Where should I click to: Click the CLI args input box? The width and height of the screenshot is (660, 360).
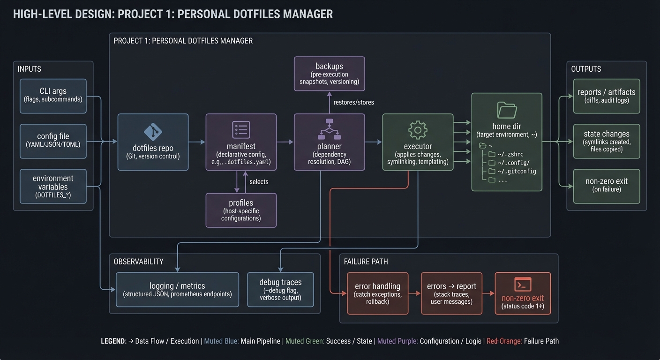pyautogui.click(x=53, y=96)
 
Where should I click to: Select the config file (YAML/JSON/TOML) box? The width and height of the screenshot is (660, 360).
pyautogui.click(x=53, y=140)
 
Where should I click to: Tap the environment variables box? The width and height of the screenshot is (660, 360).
pyautogui.click(x=53, y=186)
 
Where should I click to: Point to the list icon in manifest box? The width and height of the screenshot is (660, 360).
pyautogui.click(x=241, y=129)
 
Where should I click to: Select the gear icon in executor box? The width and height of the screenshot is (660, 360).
pyautogui.click(x=418, y=129)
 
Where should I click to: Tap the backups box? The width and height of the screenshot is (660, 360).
pyautogui.click(x=329, y=74)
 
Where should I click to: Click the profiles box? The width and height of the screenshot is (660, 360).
pyautogui.click(x=241, y=210)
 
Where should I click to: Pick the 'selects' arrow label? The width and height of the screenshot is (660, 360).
pyautogui.click(x=259, y=181)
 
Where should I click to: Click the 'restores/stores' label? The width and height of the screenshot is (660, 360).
pyautogui.click(x=353, y=102)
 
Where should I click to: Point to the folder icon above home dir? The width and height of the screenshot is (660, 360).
pyautogui.click(x=507, y=110)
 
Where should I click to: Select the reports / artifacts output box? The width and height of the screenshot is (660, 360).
pyautogui.click(x=606, y=96)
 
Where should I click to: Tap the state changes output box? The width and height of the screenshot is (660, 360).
pyautogui.click(x=606, y=141)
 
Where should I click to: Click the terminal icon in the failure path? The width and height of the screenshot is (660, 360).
pyautogui.click(x=523, y=285)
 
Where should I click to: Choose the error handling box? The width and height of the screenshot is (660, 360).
pyautogui.click(x=377, y=293)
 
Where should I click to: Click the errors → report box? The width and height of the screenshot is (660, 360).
pyautogui.click(x=451, y=293)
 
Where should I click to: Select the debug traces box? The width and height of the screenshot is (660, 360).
pyautogui.click(x=280, y=289)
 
